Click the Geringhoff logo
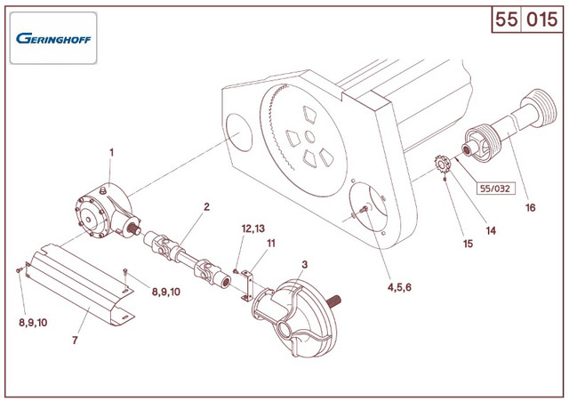point(53,38)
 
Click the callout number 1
point(111,152)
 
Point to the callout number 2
point(206,206)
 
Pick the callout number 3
point(304,264)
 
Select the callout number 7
point(76,340)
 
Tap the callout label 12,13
point(253,229)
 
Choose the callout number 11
point(271,243)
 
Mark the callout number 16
point(531,208)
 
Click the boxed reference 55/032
point(496,188)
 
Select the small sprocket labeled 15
point(441,165)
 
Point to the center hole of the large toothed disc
point(308,135)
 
